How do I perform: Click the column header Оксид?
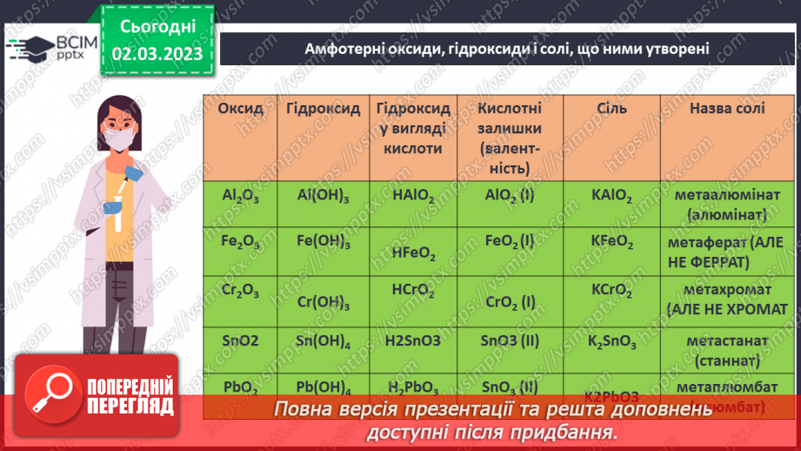click(239, 110)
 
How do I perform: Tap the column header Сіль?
click(611, 110)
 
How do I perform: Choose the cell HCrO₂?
click(413, 290)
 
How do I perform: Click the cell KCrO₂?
click(611, 291)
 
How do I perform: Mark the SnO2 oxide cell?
click(239, 340)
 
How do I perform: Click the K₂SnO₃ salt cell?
click(611, 340)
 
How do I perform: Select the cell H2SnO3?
click(413, 340)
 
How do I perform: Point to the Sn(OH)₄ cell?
click(323, 340)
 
